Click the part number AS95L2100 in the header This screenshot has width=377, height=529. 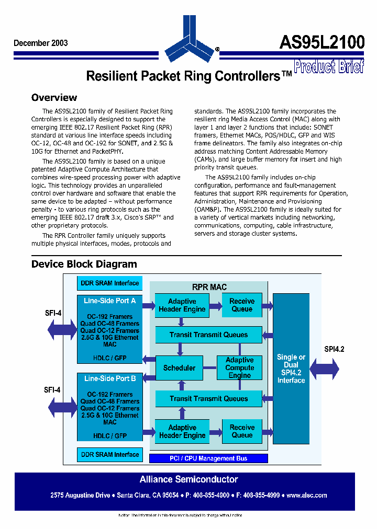pos(321,43)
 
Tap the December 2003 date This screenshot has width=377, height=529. pos(40,43)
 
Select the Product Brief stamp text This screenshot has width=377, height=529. pos(328,67)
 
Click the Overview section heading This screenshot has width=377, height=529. pos(54,98)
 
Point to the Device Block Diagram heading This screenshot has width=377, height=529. pos(84,264)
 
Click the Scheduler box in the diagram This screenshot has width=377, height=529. pos(179,368)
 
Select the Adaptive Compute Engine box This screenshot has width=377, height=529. pos(239,367)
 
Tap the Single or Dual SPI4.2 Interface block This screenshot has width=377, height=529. pos(291,369)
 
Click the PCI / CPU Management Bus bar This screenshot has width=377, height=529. pos(208,458)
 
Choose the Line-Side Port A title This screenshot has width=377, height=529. pos(110,301)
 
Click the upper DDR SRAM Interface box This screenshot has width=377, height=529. pos(109,283)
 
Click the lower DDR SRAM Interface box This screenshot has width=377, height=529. pos(109,455)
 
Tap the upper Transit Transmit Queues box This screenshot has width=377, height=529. pos(208,335)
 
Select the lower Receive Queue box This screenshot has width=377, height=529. pos(242,431)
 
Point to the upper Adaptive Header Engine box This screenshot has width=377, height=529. pos(182,305)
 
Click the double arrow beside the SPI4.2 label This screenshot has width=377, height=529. pos(324,369)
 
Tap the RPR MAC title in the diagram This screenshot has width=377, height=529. pos(209,287)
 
